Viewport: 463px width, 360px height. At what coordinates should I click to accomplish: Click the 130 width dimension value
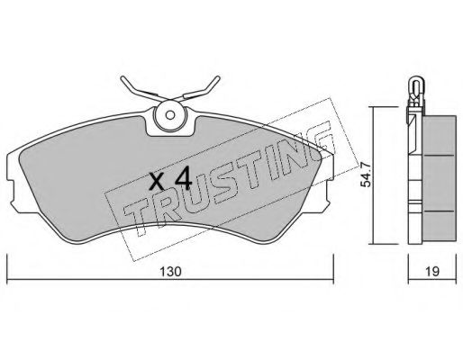click(170, 272)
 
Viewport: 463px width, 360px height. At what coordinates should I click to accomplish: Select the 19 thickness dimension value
click(432, 272)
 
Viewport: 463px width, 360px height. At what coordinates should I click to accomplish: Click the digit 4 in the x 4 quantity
click(184, 178)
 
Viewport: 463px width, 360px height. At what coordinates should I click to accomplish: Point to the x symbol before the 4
click(157, 182)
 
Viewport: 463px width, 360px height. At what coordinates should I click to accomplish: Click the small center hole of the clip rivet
click(170, 115)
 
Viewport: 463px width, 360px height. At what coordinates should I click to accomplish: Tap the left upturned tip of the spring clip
click(123, 78)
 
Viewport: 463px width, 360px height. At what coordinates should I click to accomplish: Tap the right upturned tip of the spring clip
click(218, 78)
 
